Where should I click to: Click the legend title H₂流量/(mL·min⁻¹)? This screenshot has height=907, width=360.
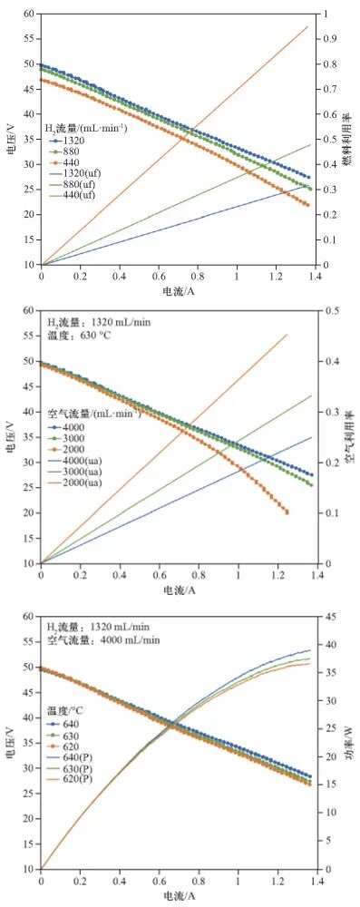pos(86,128)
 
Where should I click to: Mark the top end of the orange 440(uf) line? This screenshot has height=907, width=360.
pos(309,25)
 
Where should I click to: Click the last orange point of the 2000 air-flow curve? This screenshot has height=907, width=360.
pos(287,512)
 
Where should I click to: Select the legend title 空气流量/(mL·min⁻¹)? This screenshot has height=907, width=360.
pos(93,413)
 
